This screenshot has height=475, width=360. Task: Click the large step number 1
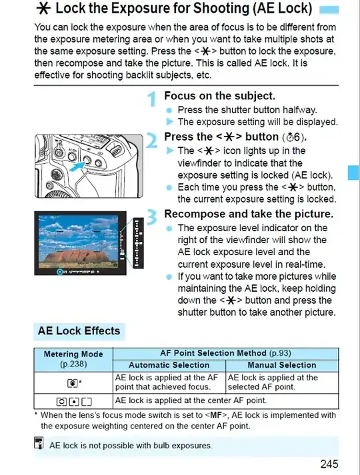[x=152, y=101]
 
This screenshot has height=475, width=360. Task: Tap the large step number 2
[x=152, y=141]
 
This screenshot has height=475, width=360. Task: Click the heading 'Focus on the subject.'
[x=219, y=96]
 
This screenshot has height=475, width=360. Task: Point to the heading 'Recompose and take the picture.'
[x=248, y=214]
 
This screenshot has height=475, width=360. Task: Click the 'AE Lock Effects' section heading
[x=79, y=331]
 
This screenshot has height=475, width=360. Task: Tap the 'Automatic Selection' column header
[x=169, y=365]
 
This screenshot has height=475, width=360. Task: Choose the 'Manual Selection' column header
[x=282, y=365]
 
